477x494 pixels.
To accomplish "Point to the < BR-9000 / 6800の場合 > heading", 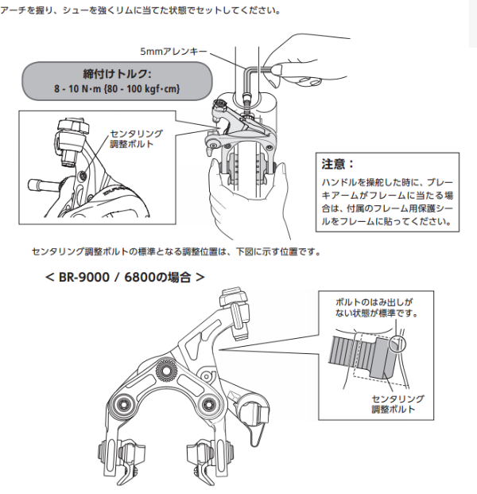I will point(126,279).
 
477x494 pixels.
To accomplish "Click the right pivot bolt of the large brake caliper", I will point(211,400).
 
